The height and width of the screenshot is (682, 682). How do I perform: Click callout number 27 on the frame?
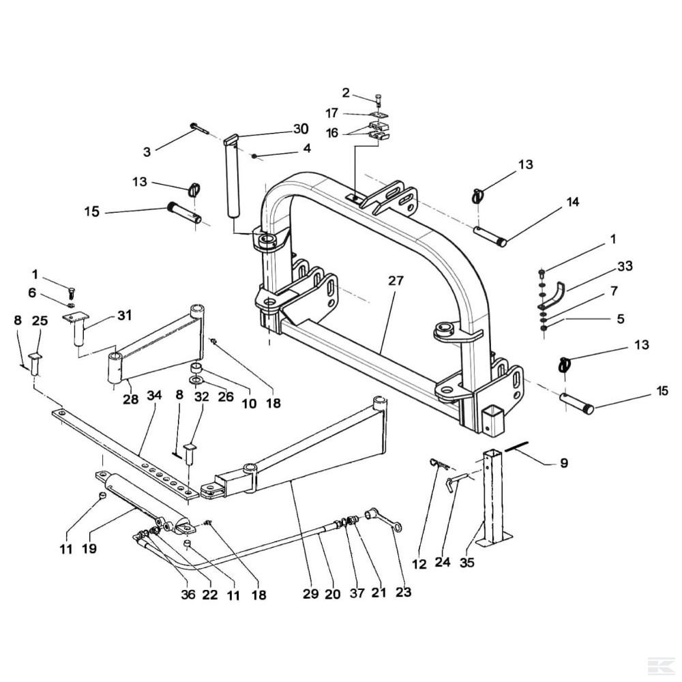(x=396, y=281)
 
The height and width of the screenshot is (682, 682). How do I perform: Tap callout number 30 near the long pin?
(x=301, y=129)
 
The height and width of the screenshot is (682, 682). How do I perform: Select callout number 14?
(x=573, y=202)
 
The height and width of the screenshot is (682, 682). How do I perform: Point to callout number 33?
(x=625, y=266)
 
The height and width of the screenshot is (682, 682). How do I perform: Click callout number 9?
(x=564, y=463)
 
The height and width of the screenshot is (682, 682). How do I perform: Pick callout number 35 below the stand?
(x=466, y=563)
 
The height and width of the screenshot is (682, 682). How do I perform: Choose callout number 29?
(x=311, y=594)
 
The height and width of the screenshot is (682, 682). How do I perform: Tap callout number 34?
(x=154, y=396)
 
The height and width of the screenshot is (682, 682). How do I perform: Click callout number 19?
(x=89, y=549)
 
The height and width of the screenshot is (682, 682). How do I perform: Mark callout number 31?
(x=124, y=315)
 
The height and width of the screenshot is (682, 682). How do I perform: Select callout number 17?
(x=332, y=113)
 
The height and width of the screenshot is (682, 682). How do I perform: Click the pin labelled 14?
(x=490, y=236)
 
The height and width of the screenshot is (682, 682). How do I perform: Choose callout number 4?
(x=307, y=148)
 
